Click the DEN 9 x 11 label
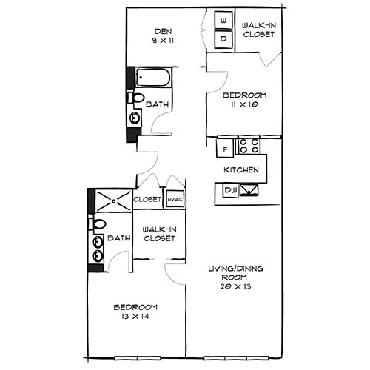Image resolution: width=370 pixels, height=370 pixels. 162,36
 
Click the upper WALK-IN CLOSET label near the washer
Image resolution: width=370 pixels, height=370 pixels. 260,30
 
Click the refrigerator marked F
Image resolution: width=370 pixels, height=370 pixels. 224,149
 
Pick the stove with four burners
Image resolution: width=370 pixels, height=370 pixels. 249,147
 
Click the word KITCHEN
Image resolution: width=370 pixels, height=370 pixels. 242,170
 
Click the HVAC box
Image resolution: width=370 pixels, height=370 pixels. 175,198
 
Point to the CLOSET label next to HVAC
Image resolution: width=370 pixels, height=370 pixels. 147,199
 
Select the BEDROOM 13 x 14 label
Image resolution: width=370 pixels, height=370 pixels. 135,312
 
